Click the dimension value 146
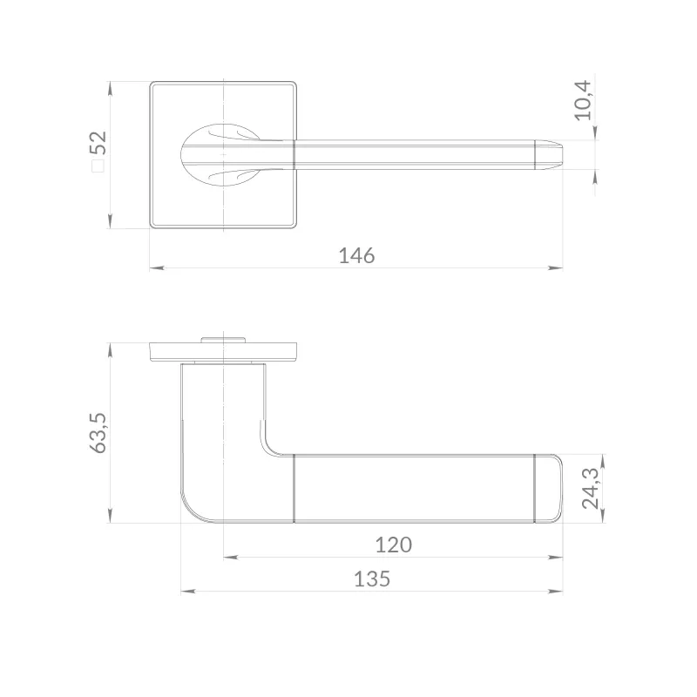(x=356, y=255)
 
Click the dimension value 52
(x=98, y=143)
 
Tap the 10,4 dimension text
(x=583, y=100)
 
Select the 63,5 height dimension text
(x=98, y=433)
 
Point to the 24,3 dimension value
(x=591, y=488)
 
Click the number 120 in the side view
(x=394, y=545)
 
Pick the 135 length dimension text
(x=372, y=579)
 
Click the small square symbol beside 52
(x=98, y=166)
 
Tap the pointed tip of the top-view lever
(x=563, y=154)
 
